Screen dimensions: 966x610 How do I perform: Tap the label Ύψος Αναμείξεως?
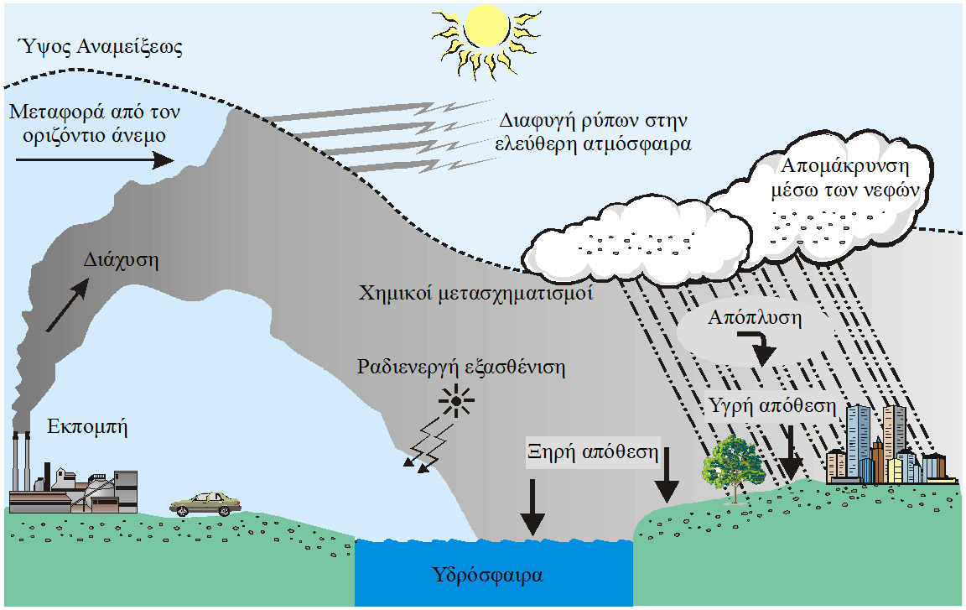(101, 47)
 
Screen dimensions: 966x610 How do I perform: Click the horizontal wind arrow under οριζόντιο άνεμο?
(95, 160)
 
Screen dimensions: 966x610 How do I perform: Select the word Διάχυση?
(121, 260)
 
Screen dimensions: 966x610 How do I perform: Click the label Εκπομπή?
(87, 426)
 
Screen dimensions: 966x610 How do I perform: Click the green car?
(205, 504)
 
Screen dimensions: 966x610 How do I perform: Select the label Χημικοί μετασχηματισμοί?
(475, 293)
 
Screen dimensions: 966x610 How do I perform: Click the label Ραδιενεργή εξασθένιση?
(461, 368)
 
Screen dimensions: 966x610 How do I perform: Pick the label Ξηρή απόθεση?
(593, 452)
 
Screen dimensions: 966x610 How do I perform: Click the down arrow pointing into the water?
(532, 507)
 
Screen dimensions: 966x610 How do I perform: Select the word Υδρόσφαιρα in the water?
(487, 576)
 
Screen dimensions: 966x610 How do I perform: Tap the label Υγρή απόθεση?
(772, 406)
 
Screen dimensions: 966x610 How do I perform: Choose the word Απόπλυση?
(755, 317)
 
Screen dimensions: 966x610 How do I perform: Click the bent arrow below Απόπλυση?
(761, 347)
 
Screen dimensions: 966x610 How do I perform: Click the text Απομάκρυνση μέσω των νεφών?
(844, 178)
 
